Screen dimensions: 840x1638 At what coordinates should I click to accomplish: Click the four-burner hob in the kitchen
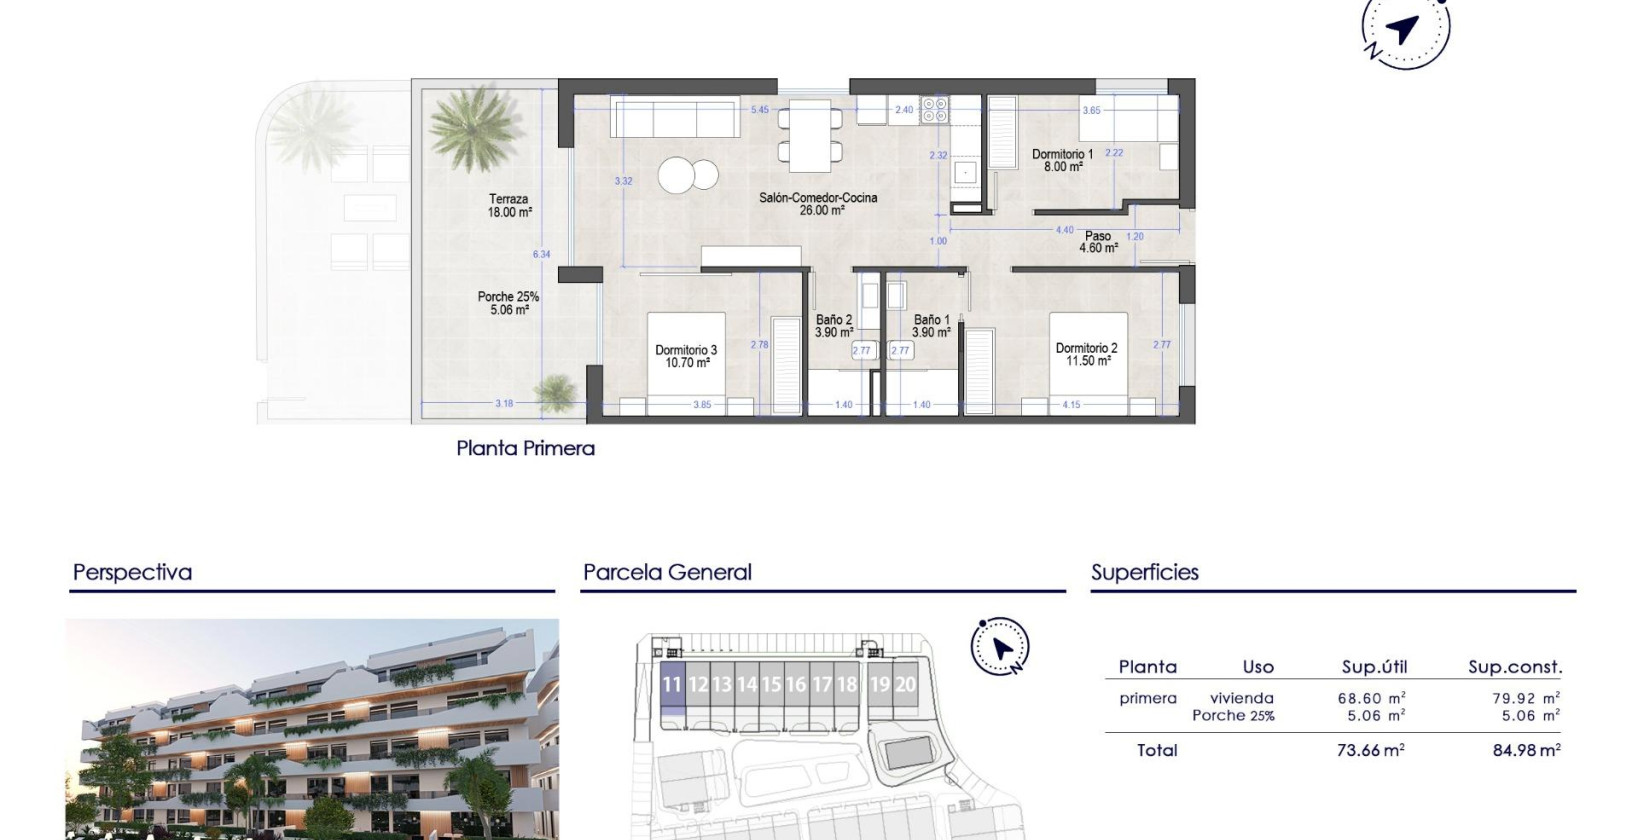(x=934, y=109)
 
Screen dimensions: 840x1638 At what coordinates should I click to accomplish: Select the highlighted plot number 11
(x=672, y=685)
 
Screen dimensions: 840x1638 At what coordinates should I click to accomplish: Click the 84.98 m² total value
(x=1526, y=750)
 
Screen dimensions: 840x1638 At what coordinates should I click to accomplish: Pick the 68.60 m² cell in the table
(x=1371, y=699)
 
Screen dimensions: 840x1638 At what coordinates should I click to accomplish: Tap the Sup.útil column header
(x=1374, y=667)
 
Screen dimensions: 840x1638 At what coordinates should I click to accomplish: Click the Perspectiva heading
(x=132, y=573)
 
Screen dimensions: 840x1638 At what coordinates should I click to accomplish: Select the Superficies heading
(x=1144, y=573)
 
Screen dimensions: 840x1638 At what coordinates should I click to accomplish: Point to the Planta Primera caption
(x=525, y=448)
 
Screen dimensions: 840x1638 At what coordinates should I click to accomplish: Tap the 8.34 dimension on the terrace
(x=541, y=254)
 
